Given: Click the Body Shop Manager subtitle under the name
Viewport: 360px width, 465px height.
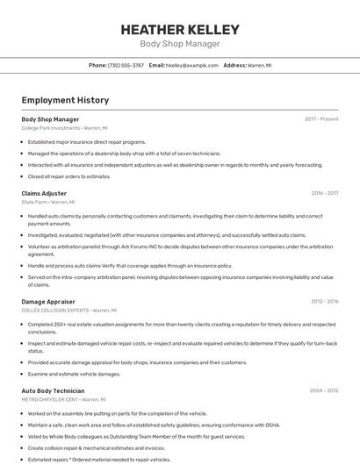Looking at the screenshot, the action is point(180,44).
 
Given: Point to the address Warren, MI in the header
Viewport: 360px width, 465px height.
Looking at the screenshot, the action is point(259,65).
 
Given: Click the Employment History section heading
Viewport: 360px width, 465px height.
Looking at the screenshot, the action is point(65,100).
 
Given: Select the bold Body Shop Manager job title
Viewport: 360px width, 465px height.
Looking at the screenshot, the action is point(50,118).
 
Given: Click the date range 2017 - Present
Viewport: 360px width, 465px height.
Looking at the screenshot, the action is point(321,118).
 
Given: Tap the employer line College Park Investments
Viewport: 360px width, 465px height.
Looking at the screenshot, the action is point(64,128).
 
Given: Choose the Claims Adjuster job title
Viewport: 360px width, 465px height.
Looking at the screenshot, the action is point(44,192).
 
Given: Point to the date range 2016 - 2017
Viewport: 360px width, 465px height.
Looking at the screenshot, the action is point(325,192).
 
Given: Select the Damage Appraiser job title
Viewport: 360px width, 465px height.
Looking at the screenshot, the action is point(47,301).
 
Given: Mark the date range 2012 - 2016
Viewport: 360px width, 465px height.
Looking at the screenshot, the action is point(325,301).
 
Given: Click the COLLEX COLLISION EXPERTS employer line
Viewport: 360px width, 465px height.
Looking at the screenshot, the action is point(68,311).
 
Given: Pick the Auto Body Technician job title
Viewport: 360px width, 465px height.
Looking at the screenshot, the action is point(53,390).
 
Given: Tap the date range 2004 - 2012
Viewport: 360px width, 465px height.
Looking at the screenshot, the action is point(325,390).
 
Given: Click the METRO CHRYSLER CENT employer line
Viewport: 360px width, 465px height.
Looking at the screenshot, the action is point(63,400).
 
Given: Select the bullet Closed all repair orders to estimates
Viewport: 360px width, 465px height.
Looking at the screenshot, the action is point(69,176).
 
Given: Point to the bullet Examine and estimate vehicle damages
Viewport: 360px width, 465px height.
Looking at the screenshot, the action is point(74,374).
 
